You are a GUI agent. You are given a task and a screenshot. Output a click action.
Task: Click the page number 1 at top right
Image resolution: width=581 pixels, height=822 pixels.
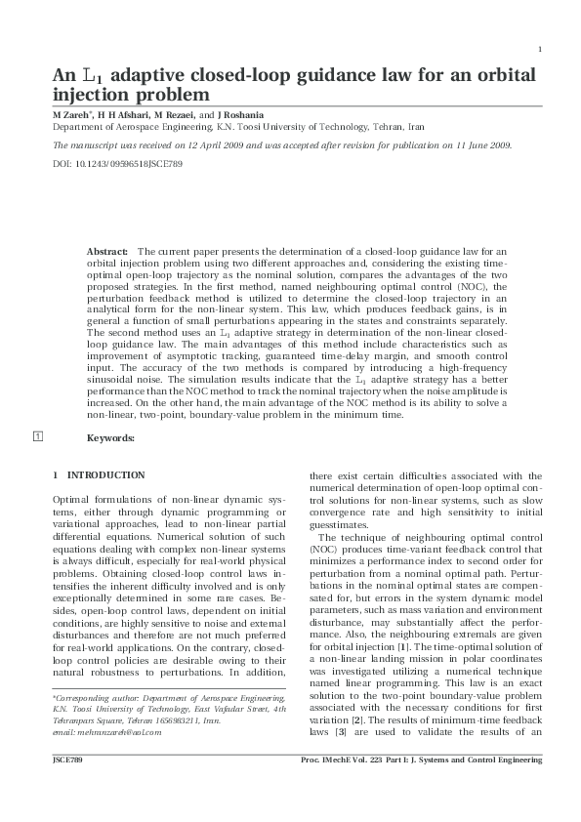click(540, 50)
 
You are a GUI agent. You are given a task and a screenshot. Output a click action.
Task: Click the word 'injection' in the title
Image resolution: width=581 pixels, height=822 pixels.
click(90, 96)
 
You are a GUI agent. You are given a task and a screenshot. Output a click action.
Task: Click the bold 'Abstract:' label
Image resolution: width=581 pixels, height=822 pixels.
click(108, 252)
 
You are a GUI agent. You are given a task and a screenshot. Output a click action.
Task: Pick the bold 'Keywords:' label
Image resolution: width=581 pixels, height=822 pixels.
click(110, 438)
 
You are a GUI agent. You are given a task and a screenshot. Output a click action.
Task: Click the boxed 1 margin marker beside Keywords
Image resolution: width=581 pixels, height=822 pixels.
click(38, 436)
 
